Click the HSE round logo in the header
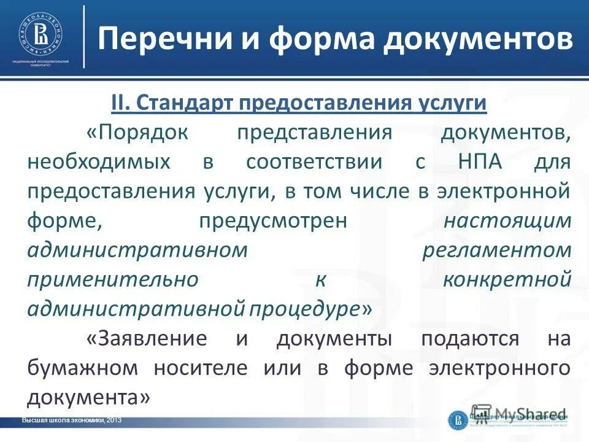coord(41,34)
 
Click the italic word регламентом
coord(498,250)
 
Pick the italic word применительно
coord(113,280)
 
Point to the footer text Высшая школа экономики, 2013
coord(72,420)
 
